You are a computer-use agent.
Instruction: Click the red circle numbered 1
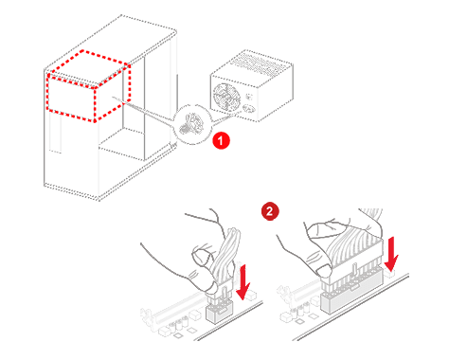tap(221, 140)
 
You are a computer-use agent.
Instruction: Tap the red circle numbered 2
tap(270, 211)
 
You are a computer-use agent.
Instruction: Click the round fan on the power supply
tap(225, 97)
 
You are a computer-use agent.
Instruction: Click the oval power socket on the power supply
tap(248, 109)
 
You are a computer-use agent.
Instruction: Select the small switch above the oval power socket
tap(249, 97)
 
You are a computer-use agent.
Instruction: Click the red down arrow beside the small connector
tap(243, 282)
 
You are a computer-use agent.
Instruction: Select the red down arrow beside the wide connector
tap(391, 254)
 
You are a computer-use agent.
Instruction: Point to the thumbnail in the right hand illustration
tap(323, 271)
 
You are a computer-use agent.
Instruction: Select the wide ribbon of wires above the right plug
tap(353, 243)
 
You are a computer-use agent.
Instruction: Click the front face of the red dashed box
tap(71, 99)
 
